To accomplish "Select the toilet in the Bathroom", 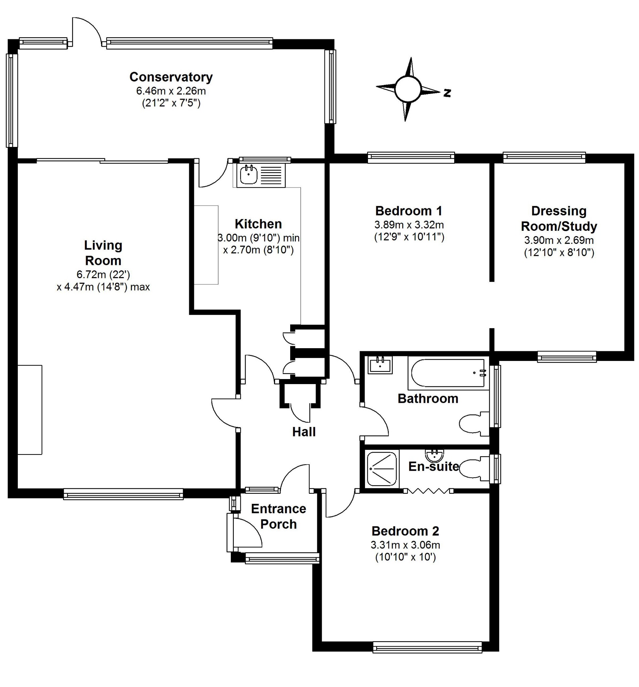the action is [x=473, y=423].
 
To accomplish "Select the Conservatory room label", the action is [x=170, y=77].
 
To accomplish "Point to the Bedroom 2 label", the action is [x=405, y=530].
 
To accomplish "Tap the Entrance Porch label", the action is [x=278, y=516].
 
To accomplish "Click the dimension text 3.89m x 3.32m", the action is [x=409, y=225].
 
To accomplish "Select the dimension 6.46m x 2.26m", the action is [x=170, y=91].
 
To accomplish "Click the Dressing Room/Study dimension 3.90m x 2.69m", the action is [x=558, y=240].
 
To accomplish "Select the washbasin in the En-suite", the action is [x=434, y=456].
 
